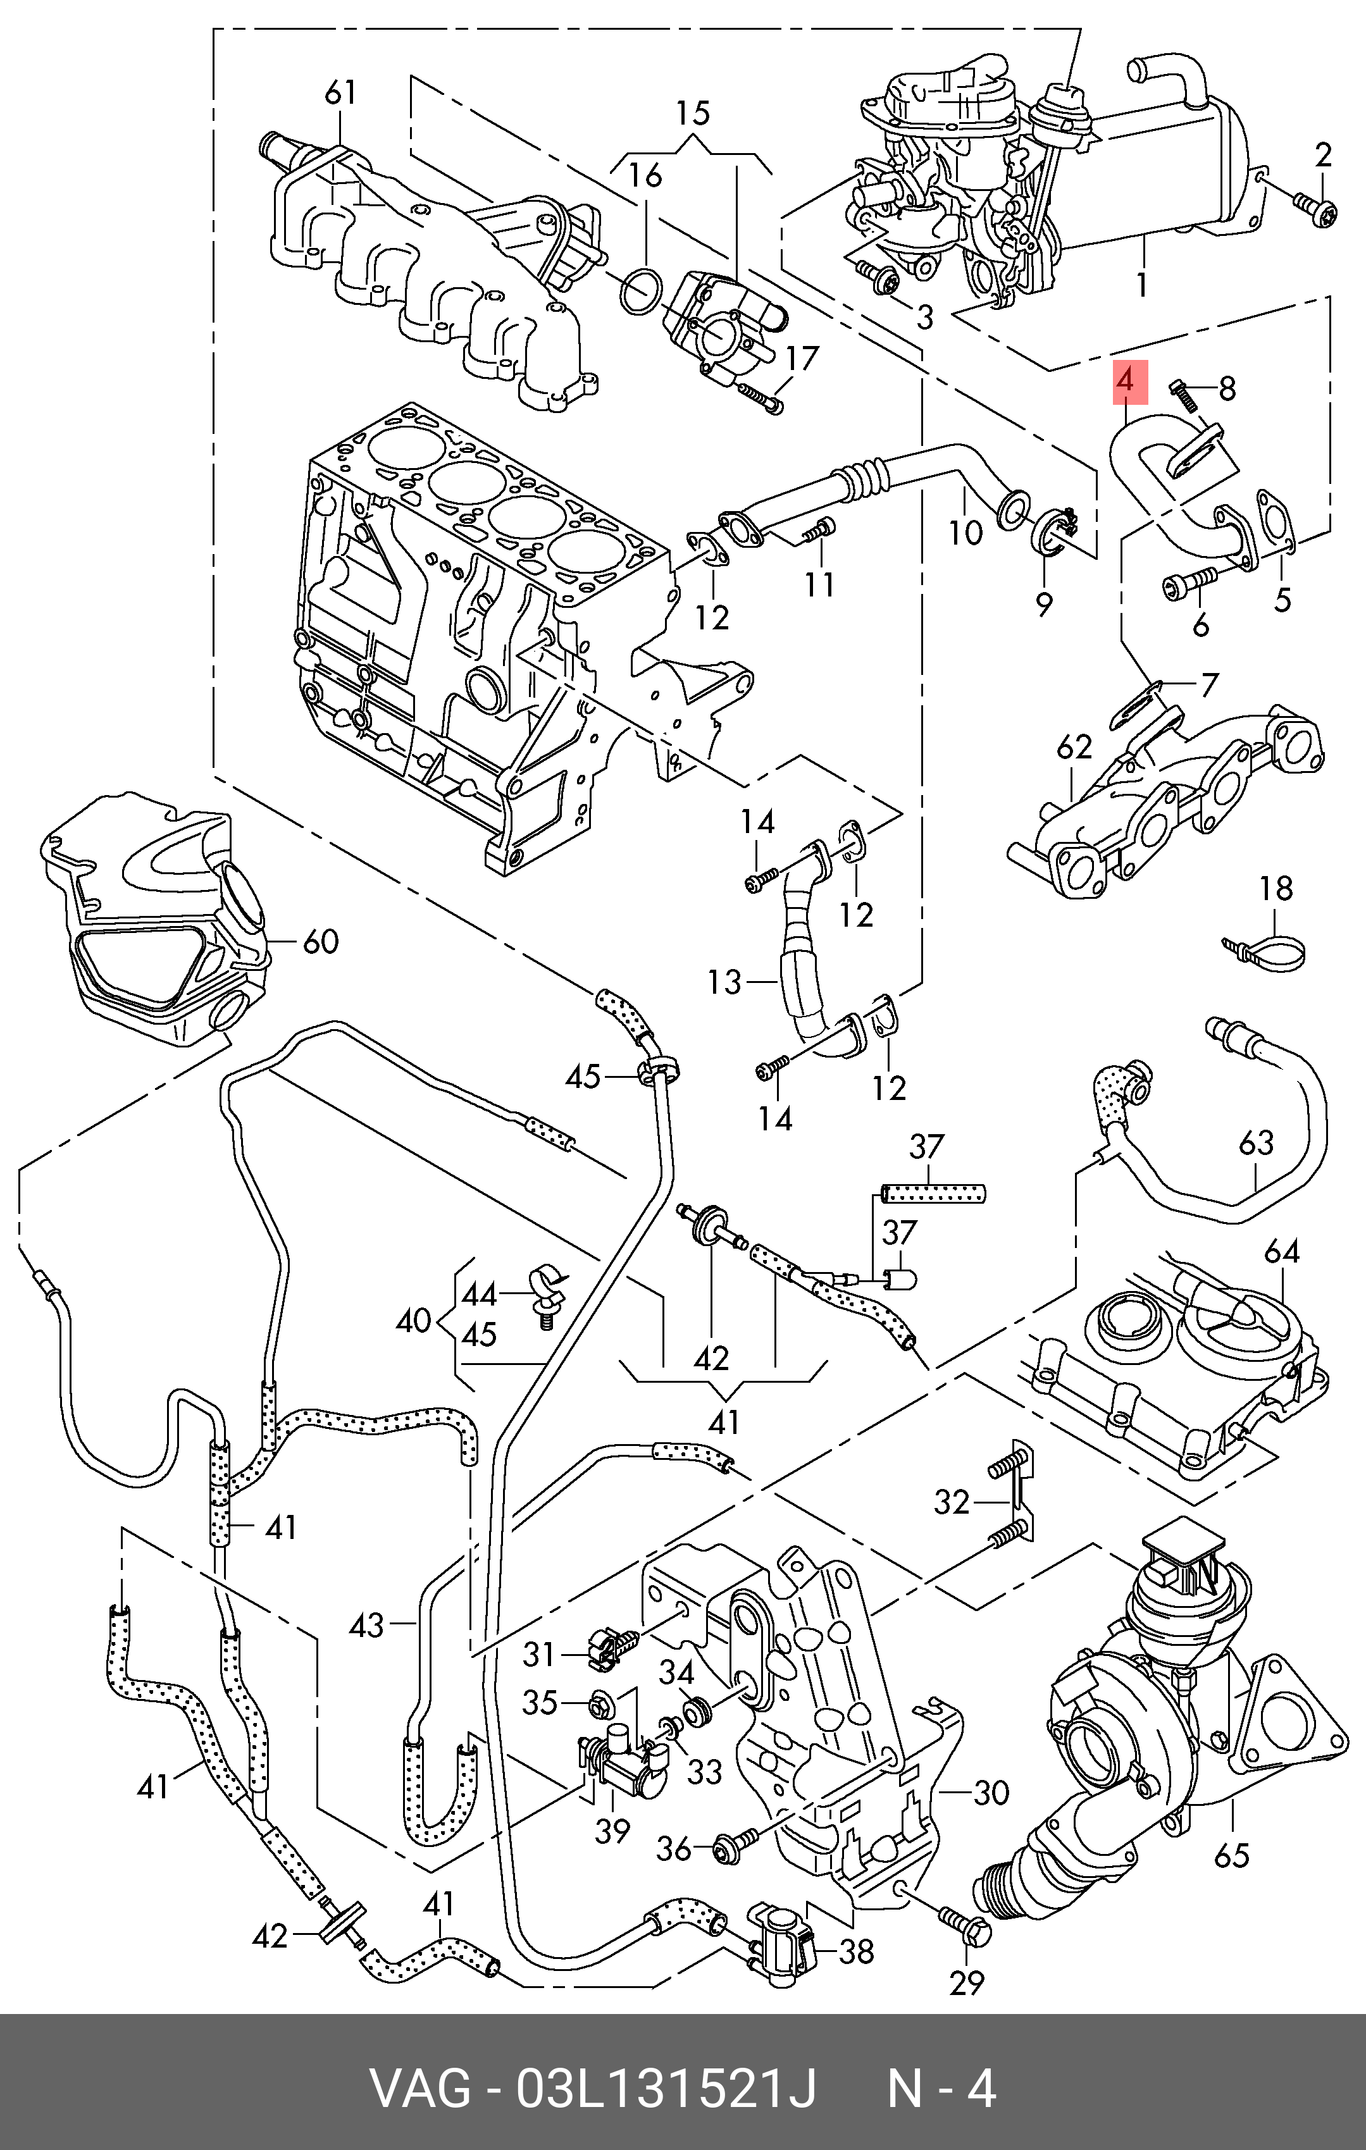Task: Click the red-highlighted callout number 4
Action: pyautogui.click(x=1127, y=381)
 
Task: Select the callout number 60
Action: pyautogui.click(x=321, y=941)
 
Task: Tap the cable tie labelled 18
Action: pyautogui.click(x=1268, y=948)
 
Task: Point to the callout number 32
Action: pyautogui.click(x=952, y=1503)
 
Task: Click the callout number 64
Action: pyautogui.click(x=1282, y=1252)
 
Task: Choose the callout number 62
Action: pyautogui.click(x=1074, y=746)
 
